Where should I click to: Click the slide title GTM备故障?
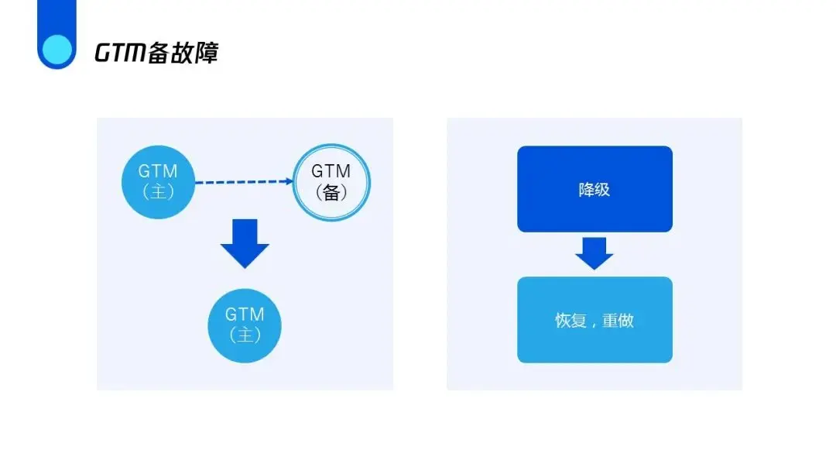click(x=156, y=53)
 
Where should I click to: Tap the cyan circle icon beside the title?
click(x=56, y=50)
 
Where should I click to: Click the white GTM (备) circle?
click(x=331, y=182)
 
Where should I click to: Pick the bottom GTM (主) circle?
click(x=245, y=325)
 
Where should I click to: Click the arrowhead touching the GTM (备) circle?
click(x=290, y=182)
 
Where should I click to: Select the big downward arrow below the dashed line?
click(x=245, y=243)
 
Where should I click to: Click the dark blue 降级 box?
click(x=594, y=189)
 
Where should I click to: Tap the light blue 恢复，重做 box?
click(x=594, y=319)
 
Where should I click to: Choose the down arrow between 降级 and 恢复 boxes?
click(x=594, y=253)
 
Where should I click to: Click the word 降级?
click(x=594, y=190)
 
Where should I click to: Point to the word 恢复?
click(x=570, y=320)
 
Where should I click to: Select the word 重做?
click(x=618, y=320)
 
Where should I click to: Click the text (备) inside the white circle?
click(x=331, y=193)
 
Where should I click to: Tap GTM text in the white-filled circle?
click(x=331, y=171)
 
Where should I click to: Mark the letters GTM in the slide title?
click(x=120, y=53)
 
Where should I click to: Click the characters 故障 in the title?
click(x=196, y=53)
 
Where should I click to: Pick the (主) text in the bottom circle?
click(x=245, y=335)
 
